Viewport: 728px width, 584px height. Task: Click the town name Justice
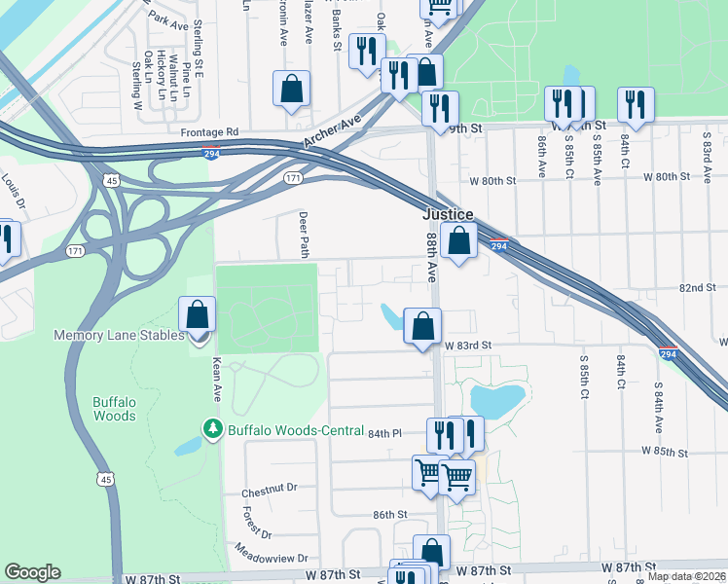click(448, 214)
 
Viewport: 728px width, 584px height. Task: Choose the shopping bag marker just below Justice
click(458, 239)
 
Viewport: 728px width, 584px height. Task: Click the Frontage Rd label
click(208, 131)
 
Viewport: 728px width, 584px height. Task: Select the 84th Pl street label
click(384, 433)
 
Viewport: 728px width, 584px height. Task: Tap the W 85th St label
click(665, 453)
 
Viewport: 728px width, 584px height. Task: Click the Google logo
click(32, 572)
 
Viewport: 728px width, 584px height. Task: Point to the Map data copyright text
click(686, 576)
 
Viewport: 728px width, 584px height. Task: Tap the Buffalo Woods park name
click(114, 408)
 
